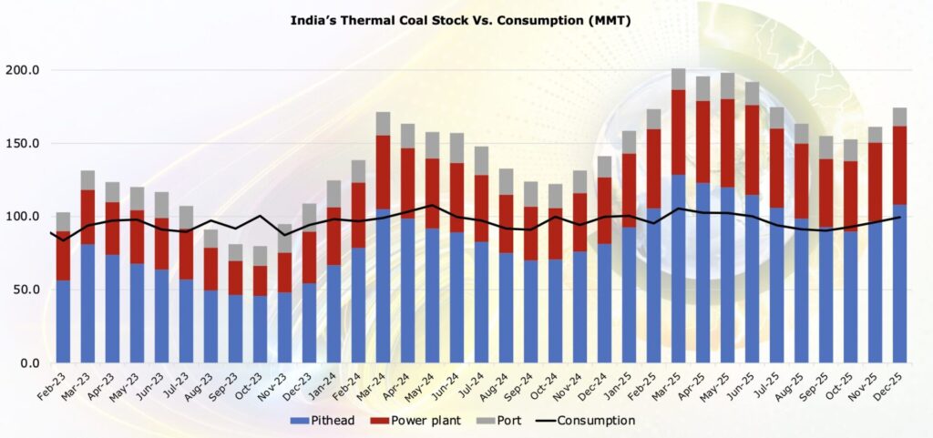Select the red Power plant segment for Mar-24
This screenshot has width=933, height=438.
(383, 173)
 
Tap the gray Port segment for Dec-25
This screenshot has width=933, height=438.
(899, 117)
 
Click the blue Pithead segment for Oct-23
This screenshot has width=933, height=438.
(261, 329)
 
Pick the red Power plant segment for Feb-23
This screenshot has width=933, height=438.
(63, 256)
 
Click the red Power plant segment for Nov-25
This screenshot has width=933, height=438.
(875, 182)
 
